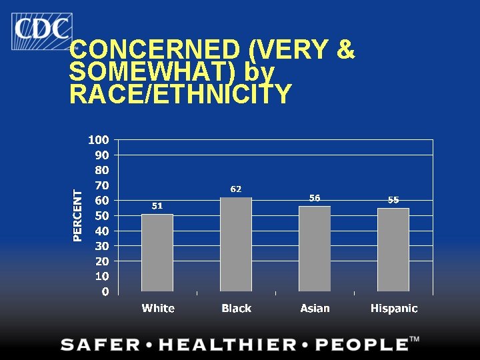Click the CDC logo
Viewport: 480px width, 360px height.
coord(42,31)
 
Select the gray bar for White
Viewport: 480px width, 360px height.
coord(157,253)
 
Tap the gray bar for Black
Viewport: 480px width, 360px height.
coord(236,244)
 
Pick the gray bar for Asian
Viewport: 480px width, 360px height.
coord(315,249)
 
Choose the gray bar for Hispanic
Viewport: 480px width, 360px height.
coord(393,250)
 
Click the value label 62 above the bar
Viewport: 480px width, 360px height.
coord(236,189)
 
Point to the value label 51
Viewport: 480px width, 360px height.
coord(157,206)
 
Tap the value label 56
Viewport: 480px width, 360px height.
coord(315,198)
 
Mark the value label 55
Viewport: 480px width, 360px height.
coord(393,200)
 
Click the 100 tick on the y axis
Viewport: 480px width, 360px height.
coord(99,140)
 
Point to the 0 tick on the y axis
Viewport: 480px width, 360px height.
coord(105,291)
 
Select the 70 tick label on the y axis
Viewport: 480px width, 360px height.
coord(102,185)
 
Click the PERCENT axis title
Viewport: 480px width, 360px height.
coord(78,215)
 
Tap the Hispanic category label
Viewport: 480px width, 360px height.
coord(394,308)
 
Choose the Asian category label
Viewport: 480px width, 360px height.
coord(315,308)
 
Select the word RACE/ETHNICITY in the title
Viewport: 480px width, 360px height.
coord(181,93)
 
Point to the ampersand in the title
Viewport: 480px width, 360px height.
coord(345,49)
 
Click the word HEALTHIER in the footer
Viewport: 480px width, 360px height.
coord(227,345)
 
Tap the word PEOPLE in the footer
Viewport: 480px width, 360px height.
coord(362,345)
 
